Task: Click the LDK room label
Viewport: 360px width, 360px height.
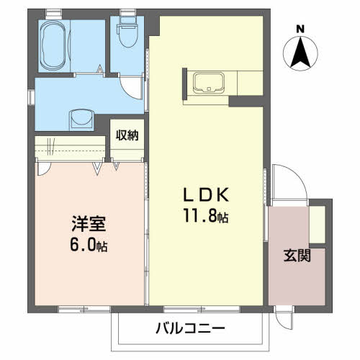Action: click(x=206, y=195)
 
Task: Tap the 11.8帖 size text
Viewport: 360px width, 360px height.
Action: click(x=206, y=215)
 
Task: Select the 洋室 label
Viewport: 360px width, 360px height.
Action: click(x=89, y=224)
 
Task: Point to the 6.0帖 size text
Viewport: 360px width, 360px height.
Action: click(x=89, y=244)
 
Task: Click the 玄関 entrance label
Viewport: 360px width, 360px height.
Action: click(x=297, y=255)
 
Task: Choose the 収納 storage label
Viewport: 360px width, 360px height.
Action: click(x=127, y=135)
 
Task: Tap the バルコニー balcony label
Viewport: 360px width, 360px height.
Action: click(x=191, y=328)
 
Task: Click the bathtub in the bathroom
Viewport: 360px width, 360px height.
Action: click(x=54, y=45)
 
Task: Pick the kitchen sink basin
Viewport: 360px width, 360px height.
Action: click(x=209, y=83)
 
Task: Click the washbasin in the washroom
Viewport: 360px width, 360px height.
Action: click(x=81, y=120)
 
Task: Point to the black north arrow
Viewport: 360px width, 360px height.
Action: click(x=300, y=52)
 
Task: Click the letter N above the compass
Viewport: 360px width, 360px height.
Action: click(x=300, y=30)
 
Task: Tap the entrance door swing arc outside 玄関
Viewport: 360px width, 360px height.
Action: click(x=297, y=176)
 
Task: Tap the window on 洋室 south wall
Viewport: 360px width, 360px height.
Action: click(x=84, y=309)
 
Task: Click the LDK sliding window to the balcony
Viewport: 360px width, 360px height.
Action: click(x=202, y=309)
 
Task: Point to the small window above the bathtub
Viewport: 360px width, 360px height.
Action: click(x=54, y=14)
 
